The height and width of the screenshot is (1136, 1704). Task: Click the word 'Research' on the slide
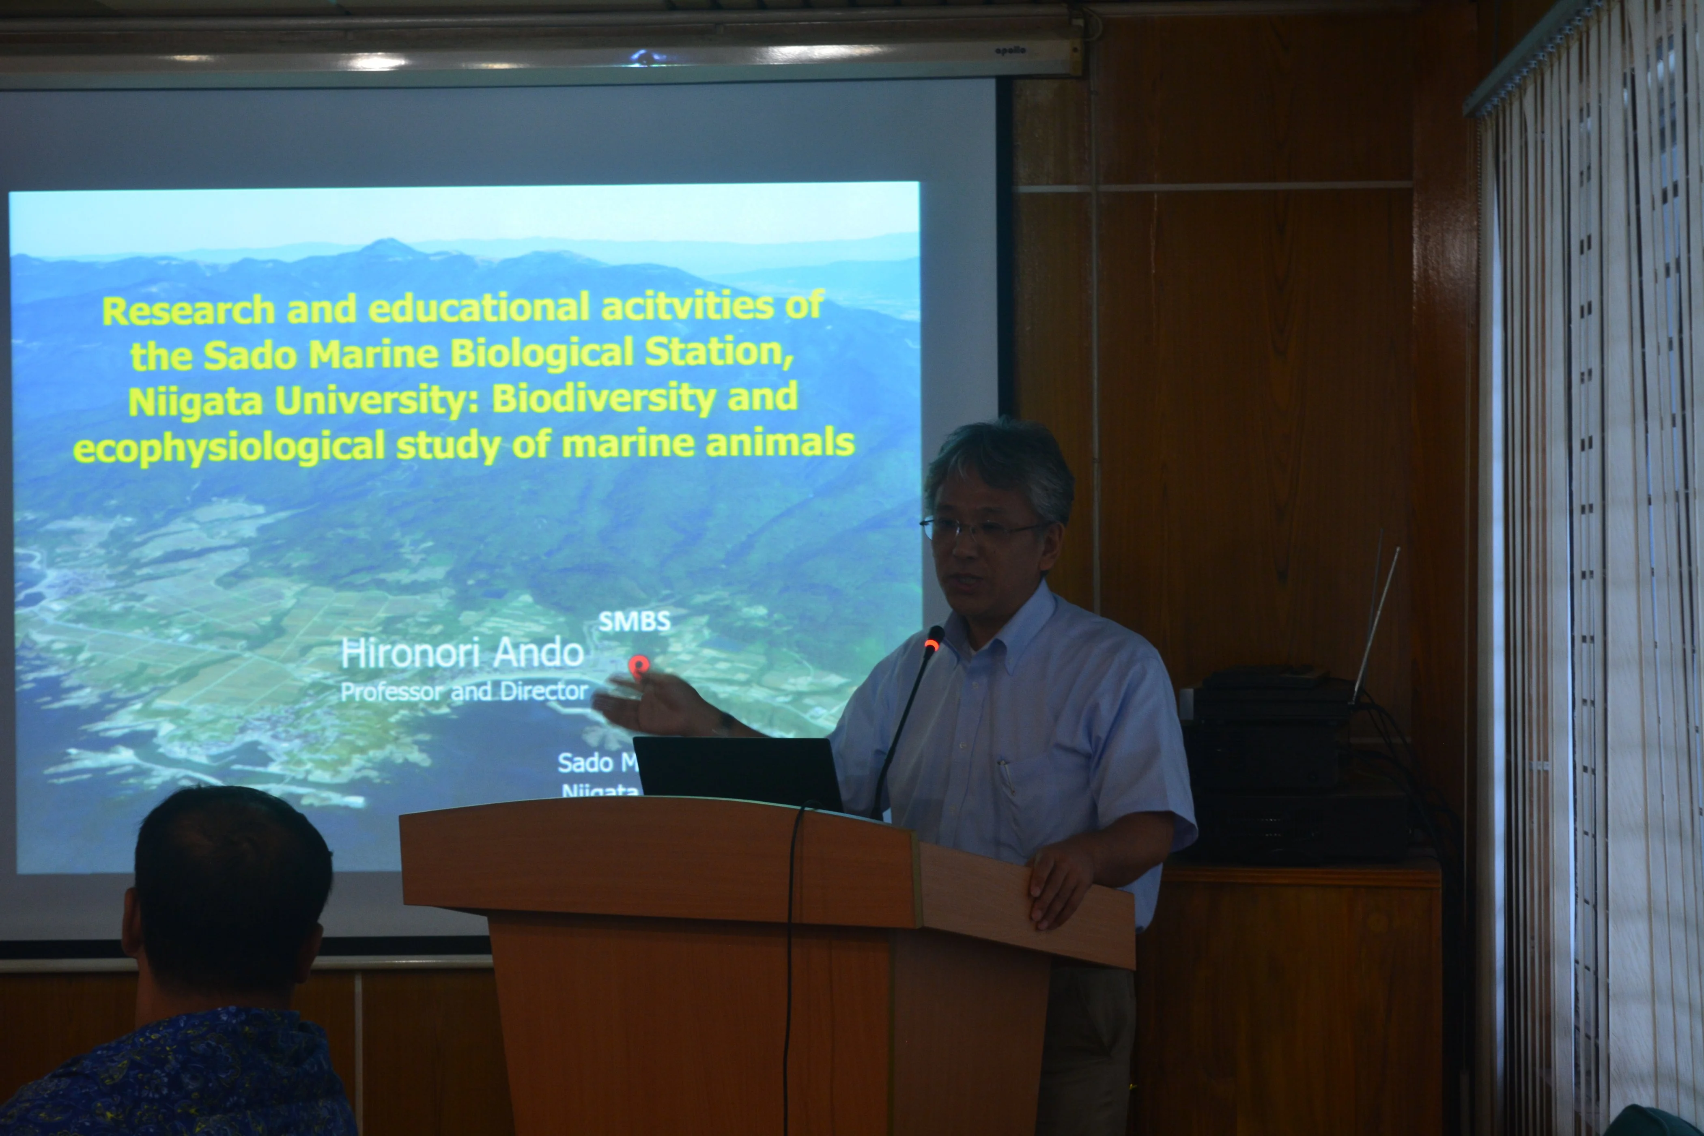pos(188,311)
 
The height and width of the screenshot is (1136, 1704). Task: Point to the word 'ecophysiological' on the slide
pos(228,448)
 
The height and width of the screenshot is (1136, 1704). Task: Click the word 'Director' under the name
pos(543,691)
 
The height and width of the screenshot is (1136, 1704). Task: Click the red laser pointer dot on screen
pos(637,665)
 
